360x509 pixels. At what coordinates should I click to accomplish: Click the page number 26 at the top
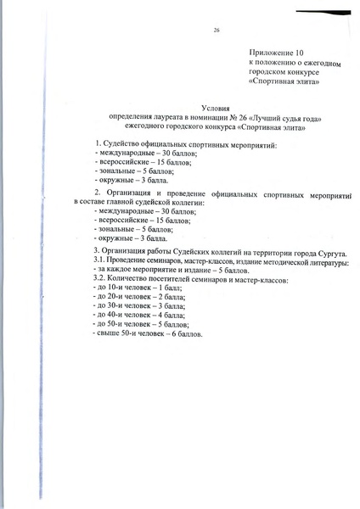point(217,31)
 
